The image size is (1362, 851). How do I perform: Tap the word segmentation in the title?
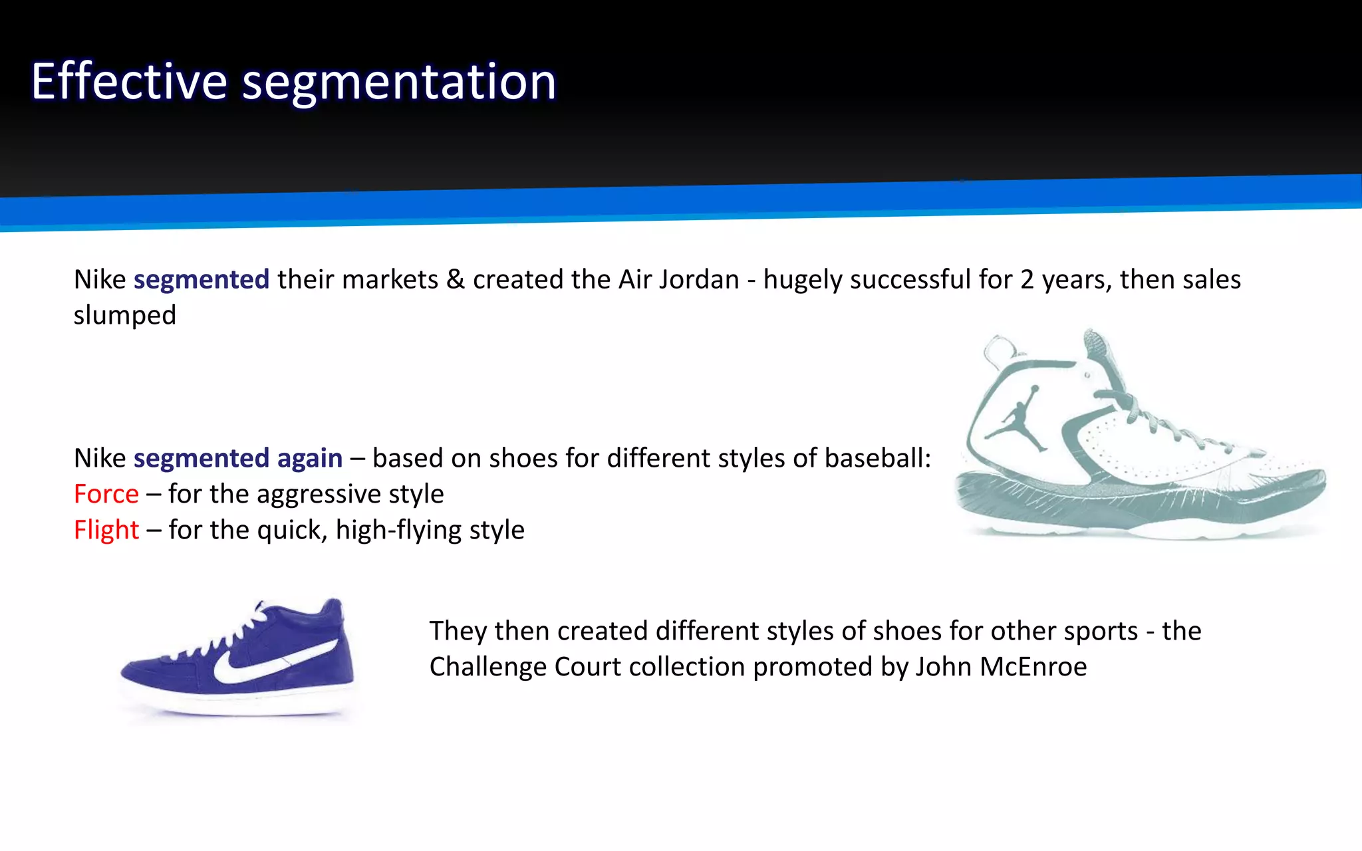pyautogui.click(x=399, y=82)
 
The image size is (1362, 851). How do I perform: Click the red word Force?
pyautogui.click(x=106, y=494)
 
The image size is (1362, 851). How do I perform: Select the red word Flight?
pyautogui.click(x=106, y=530)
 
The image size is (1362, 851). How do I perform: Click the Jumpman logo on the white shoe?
pyautogui.click(x=1018, y=419)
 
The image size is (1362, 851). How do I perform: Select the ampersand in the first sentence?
pyautogui.click(x=456, y=280)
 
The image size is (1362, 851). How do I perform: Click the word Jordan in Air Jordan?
pyautogui.click(x=699, y=280)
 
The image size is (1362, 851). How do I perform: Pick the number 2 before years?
pyautogui.click(x=1027, y=280)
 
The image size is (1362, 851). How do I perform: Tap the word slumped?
pyautogui.click(x=124, y=316)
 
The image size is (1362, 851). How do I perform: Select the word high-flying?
pyautogui.click(x=398, y=531)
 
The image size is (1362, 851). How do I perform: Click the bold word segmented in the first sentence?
pyautogui.click(x=202, y=280)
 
